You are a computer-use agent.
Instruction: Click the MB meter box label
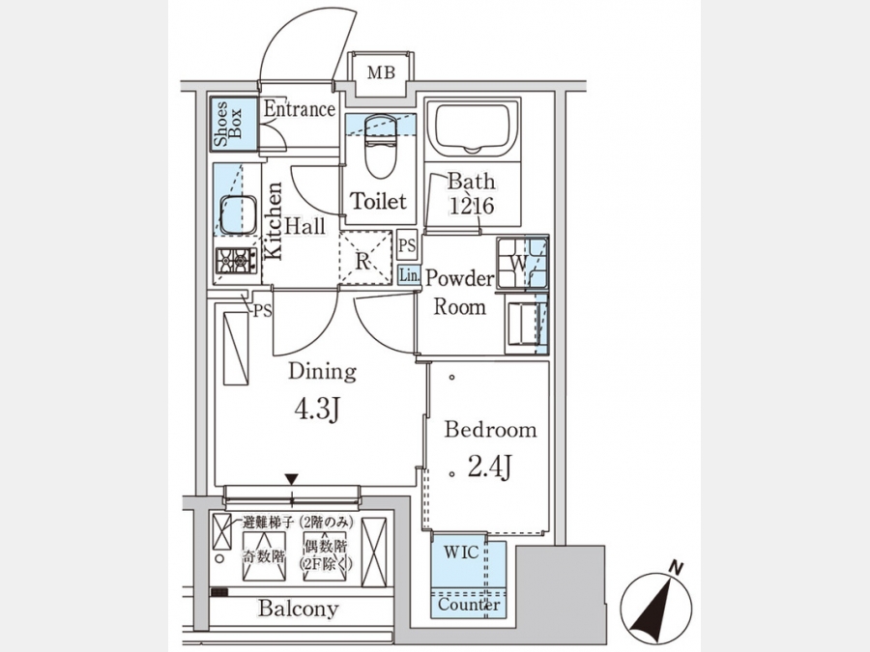click(x=381, y=72)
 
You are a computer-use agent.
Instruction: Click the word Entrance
click(x=299, y=108)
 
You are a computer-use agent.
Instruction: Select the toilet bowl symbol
click(x=381, y=146)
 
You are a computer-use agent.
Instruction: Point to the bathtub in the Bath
click(x=473, y=128)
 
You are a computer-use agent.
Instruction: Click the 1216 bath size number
click(x=471, y=206)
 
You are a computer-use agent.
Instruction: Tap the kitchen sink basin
click(x=239, y=214)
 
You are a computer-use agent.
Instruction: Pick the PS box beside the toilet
click(x=407, y=245)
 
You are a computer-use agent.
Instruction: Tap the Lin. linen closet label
click(x=410, y=275)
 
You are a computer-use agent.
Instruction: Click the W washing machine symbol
click(x=522, y=263)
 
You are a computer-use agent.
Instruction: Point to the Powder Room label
click(x=459, y=292)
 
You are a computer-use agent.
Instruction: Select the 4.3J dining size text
click(x=317, y=410)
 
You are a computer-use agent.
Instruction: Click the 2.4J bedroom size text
click(x=489, y=466)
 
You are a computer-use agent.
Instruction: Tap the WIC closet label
click(x=461, y=553)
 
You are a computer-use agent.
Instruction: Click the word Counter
click(x=469, y=604)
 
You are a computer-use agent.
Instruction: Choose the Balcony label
click(x=298, y=609)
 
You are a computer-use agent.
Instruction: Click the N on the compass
click(x=676, y=568)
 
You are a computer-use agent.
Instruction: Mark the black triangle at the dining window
click(x=292, y=479)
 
